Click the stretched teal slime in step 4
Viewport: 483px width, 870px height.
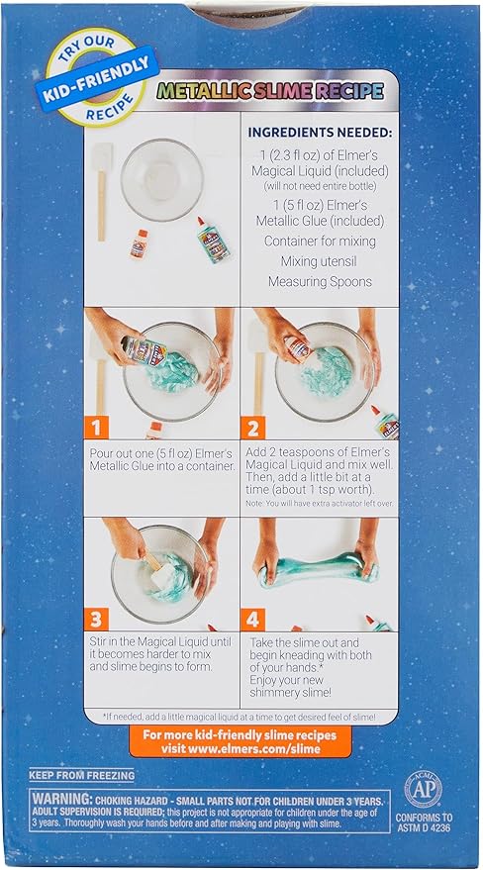pyautogui.click(x=317, y=572)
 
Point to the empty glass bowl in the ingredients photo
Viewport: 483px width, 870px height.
pyautogui.click(x=161, y=180)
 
